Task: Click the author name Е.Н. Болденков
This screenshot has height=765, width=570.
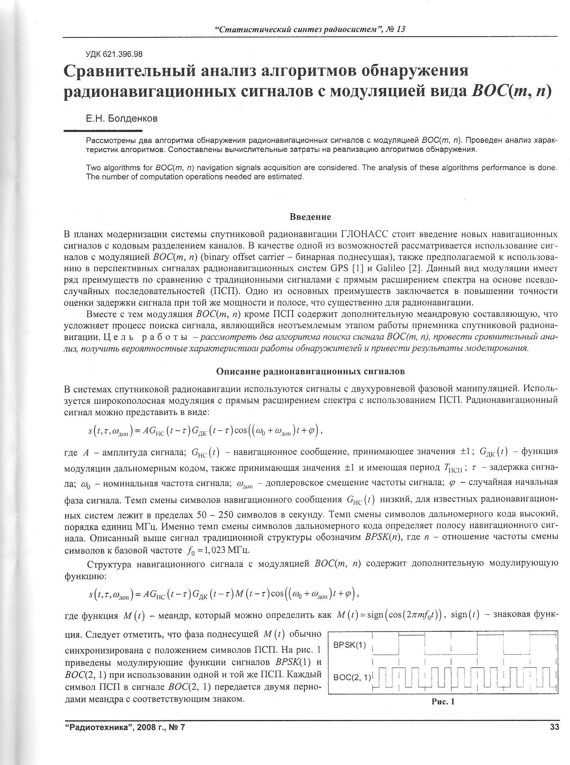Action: [x=121, y=118]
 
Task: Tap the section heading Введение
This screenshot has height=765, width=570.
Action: [x=310, y=217]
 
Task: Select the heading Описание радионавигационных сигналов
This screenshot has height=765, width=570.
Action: [x=310, y=371]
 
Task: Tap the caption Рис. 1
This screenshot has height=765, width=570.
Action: [x=443, y=701]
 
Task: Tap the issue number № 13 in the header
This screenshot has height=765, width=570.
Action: [x=395, y=29]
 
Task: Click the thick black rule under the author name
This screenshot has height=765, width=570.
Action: [x=103, y=131]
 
